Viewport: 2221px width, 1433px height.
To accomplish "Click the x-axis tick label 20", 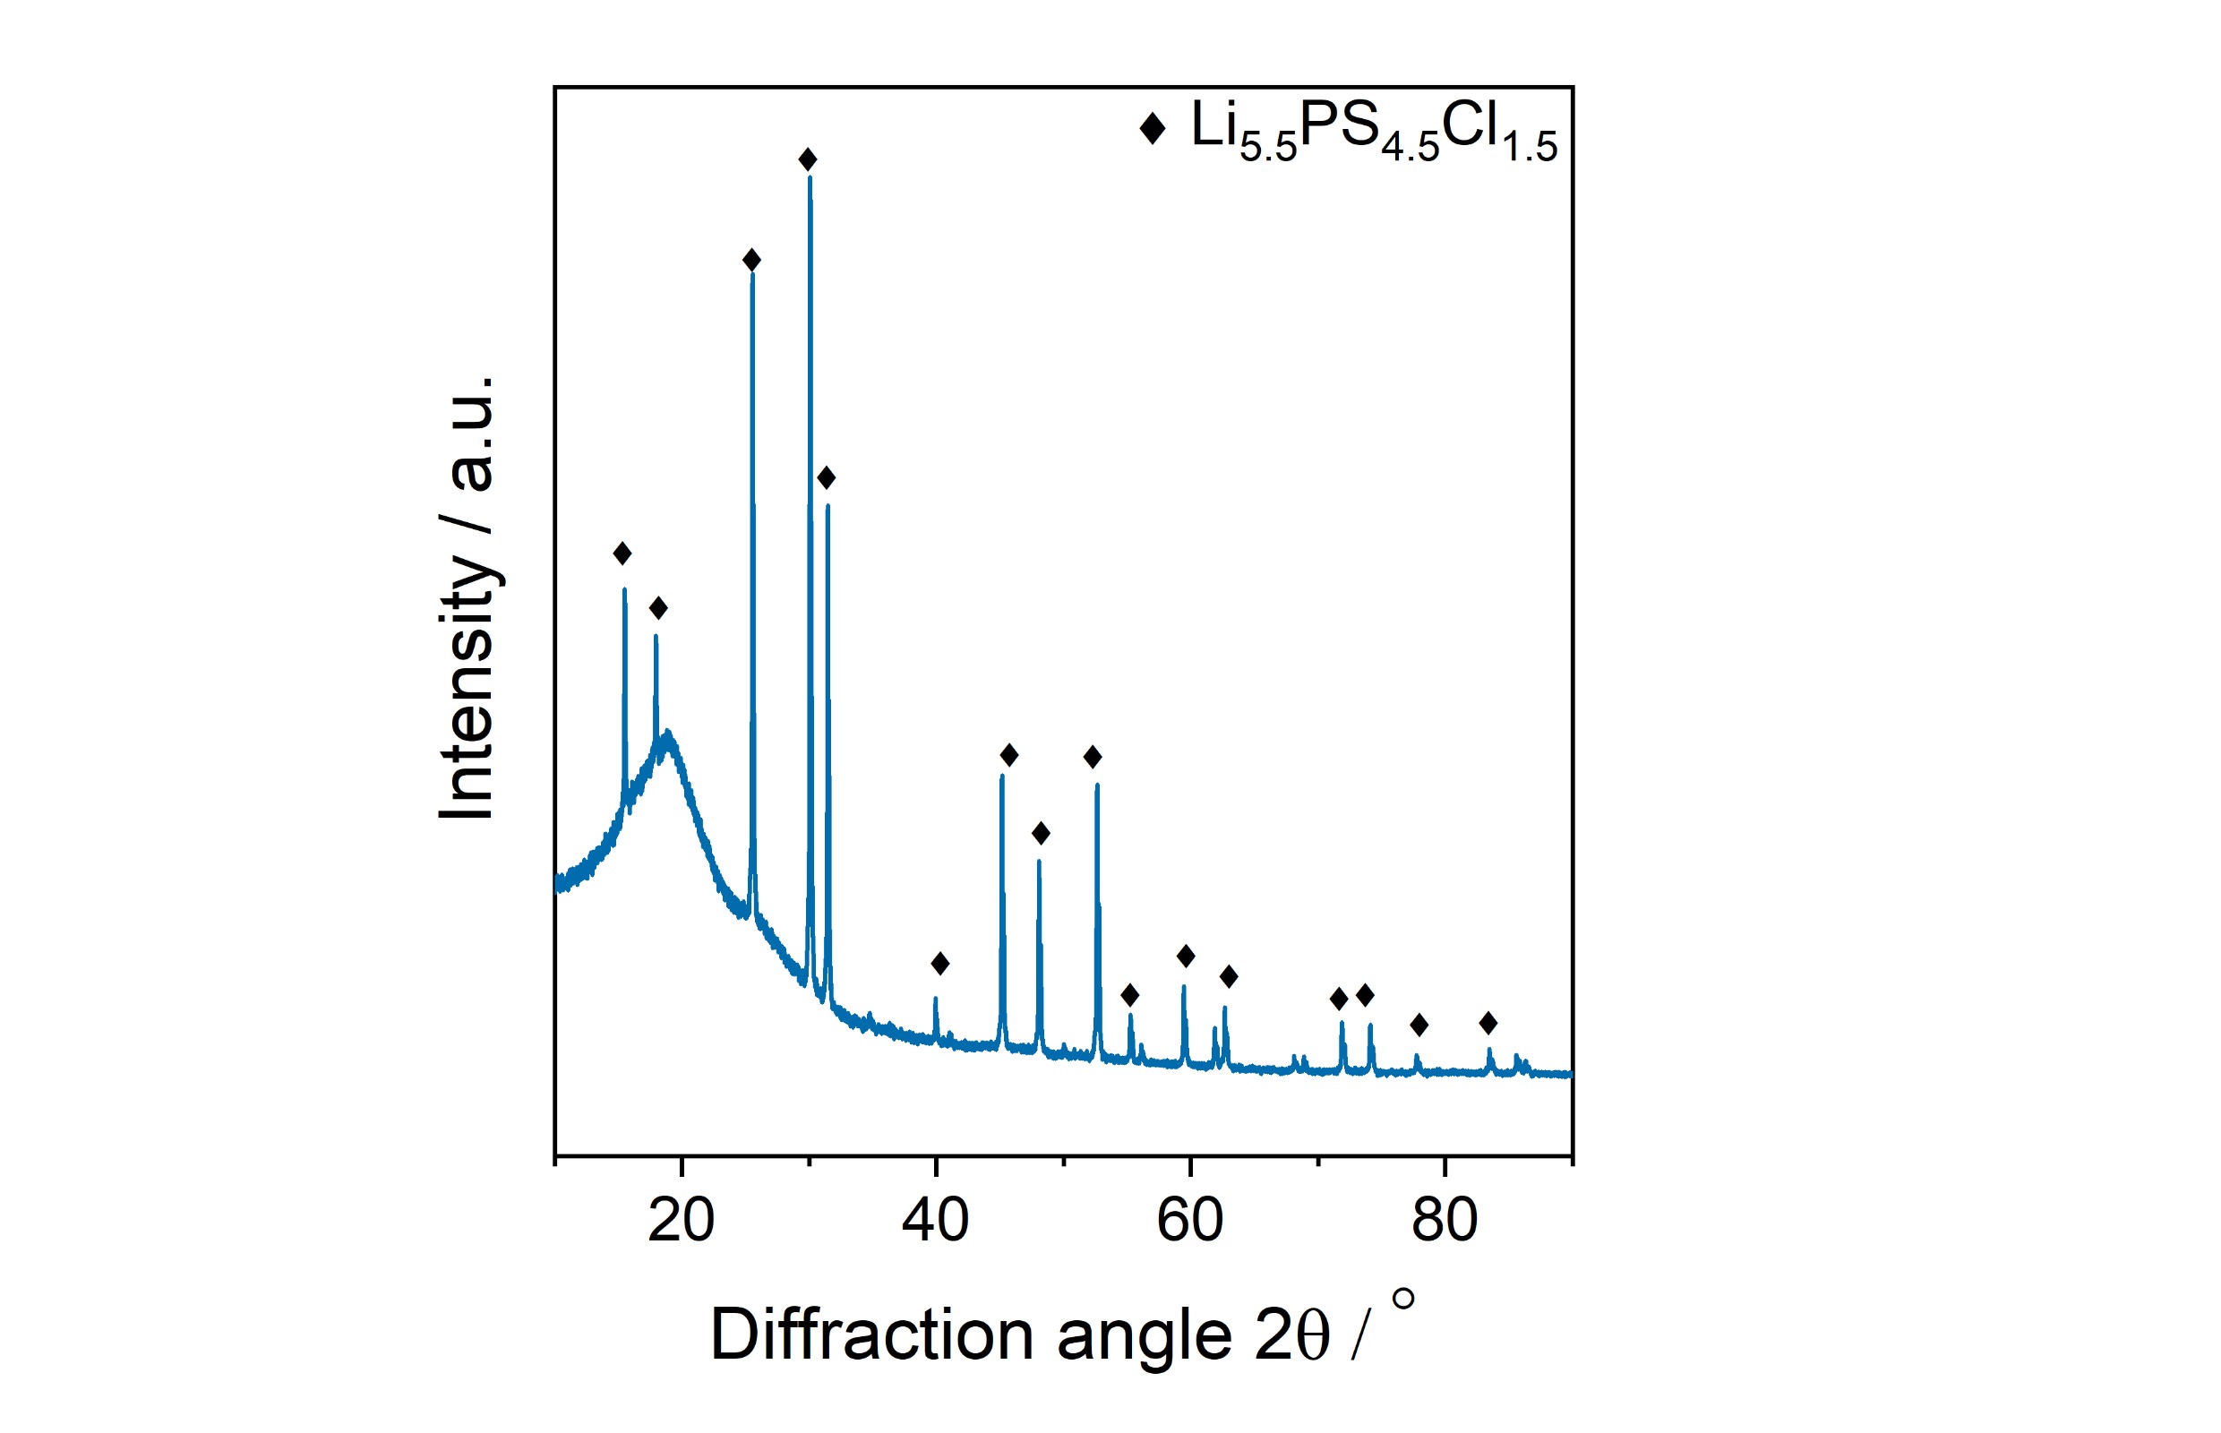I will (682, 1220).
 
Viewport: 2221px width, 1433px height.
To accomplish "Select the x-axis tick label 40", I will (935, 1220).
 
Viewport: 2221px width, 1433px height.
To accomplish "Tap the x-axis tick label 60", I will (1189, 1220).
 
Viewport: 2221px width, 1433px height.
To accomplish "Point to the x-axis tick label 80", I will (1444, 1220).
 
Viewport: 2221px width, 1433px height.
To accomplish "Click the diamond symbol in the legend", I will (1152, 128).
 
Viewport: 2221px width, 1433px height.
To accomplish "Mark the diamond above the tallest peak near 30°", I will (808, 160).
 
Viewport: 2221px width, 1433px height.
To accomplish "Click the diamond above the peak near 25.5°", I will (751, 261).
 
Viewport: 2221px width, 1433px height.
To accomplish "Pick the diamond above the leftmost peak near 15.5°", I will (622, 553).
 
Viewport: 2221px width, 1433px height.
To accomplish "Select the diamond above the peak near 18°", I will (658, 608).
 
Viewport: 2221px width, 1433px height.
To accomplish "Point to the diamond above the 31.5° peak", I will (827, 478).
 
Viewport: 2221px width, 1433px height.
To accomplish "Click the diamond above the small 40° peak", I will (939, 963).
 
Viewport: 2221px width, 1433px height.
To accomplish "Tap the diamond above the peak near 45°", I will (1008, 755).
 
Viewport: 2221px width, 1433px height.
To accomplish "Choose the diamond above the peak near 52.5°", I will (1093, 757).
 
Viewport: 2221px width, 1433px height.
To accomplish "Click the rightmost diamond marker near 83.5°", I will (1488, 1024).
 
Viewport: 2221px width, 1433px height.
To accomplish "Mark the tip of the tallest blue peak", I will (810, 177).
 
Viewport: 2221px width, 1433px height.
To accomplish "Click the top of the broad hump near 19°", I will (668, 736).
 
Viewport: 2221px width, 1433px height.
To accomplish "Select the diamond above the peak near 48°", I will (1041, 834).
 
